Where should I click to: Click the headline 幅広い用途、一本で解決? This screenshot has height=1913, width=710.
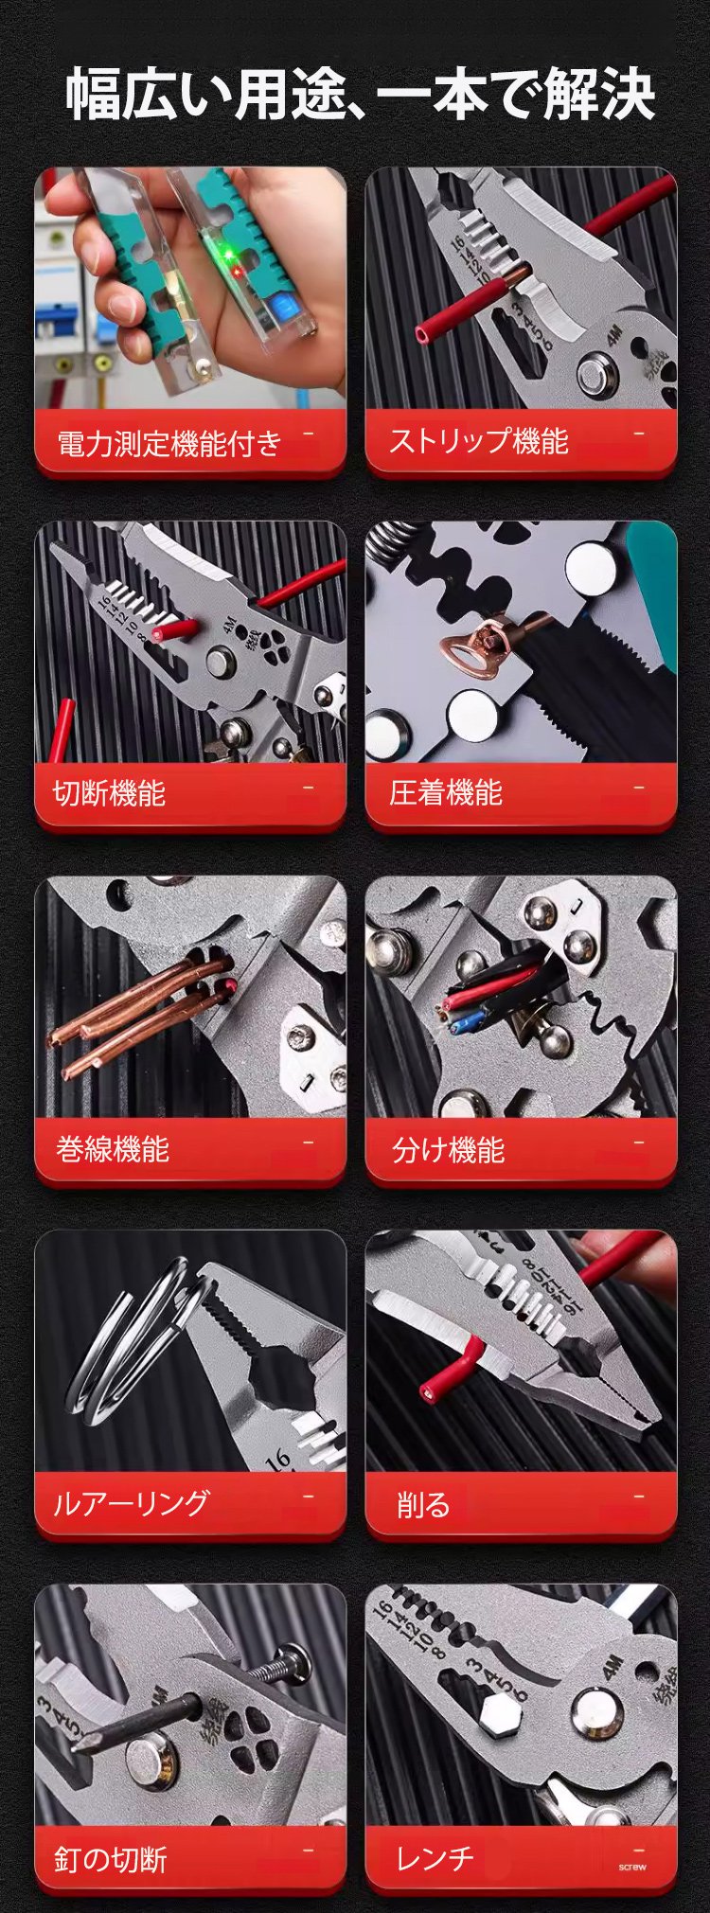pyautogui.click(x=359, y=94)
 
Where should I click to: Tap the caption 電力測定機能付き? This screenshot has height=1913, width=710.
pyautogui.click(x=169, y=442)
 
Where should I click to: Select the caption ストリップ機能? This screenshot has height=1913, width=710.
pyautogui.click(x=478, y=441)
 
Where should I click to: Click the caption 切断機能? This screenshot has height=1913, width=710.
pyautogui.click(x=109, y=793)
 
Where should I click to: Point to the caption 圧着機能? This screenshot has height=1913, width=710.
pyautogui.click(x=445, y=793)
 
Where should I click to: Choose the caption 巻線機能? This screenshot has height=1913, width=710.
pyautogui.click(x=112, y=1149)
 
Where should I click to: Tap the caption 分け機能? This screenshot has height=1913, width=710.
pyautogui.click(x=448, y=1149)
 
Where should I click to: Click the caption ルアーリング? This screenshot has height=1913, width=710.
pyautogui.click(x=131, y=1503)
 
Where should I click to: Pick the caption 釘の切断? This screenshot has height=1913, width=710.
pyautogui.click(x=110, y=1859)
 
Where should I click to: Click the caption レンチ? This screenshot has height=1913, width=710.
pyautogui.click(x=435, y=1858)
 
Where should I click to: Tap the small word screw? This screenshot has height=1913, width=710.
pyautogui.click(x=632, y=1868)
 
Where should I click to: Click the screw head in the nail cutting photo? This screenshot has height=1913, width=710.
pyautogui.click(x=294, y=1659)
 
